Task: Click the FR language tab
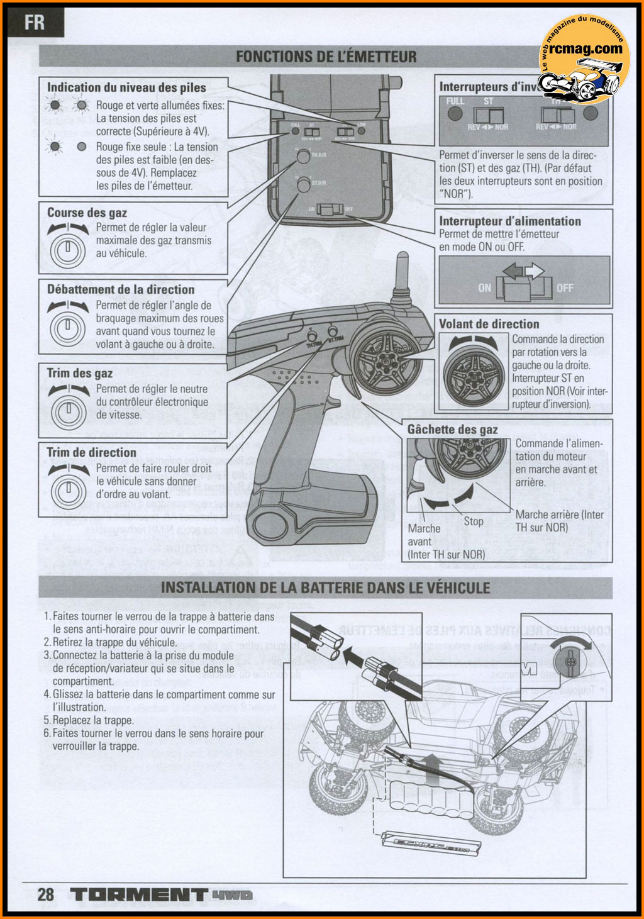click(x=35, y=23)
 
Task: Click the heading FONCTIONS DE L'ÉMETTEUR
click(x=326, y=57)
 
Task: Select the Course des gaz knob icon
click(x=67, y=246)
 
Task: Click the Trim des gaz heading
click(x=79, y=373)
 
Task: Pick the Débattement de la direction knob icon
click(x=67, y=325)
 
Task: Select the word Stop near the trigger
click(x=473, y=521)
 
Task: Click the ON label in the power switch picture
click(x=484, y=288)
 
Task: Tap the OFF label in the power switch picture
click(x=564, y=288)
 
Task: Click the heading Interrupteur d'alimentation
click(x=509, y=221)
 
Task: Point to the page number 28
click(x=45, y=894)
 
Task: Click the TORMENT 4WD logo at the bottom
click(x=161, y=894)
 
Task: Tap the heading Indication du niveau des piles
click(x=126, y=87)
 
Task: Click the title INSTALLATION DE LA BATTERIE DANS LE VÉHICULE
click(x=325, y=588)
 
